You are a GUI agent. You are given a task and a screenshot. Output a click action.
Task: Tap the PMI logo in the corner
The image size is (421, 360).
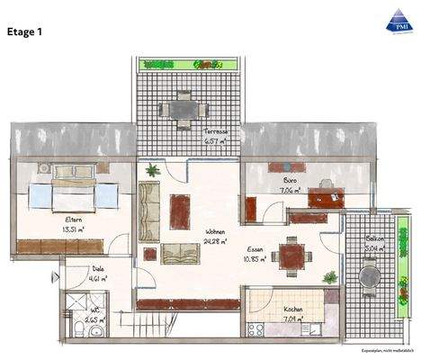pos(397,20)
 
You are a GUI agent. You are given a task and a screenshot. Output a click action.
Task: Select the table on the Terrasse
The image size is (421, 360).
pos(184,108)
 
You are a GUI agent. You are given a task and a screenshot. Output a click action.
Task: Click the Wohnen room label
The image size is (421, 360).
pos(215,230)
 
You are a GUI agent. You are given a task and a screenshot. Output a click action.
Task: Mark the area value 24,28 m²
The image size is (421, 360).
pos(216,241)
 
